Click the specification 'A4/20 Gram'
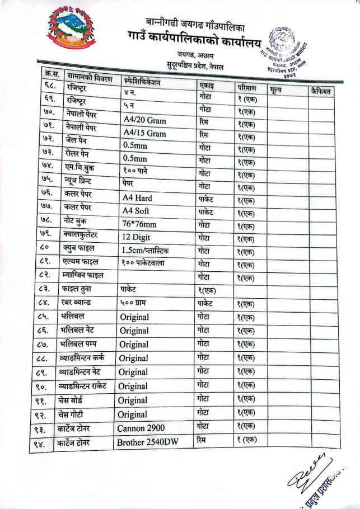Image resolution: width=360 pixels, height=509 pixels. tap(144, 119)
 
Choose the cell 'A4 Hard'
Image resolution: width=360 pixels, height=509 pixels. tap(137, 197)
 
